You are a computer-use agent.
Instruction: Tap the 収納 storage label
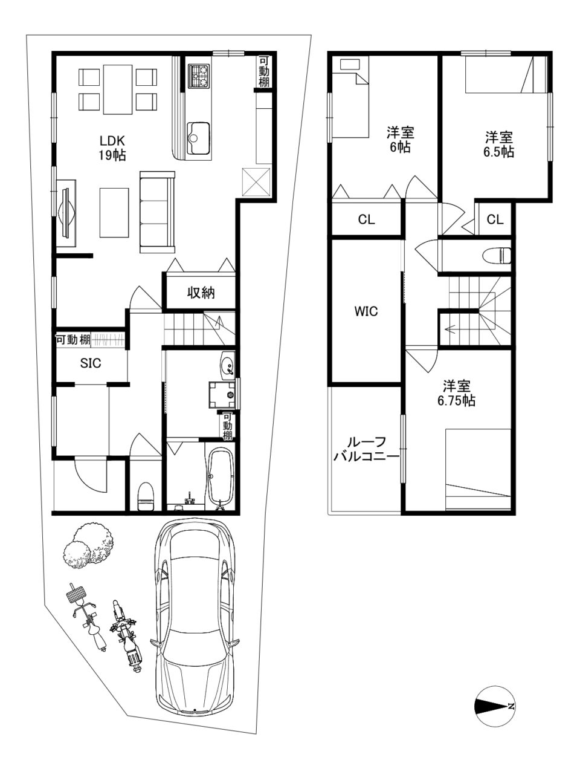[x=201, y=292]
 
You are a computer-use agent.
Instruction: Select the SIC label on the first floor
[x=91, y=363]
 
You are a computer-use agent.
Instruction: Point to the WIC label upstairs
[x=366, y=311]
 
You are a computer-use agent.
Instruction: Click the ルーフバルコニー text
[x=366, y=449]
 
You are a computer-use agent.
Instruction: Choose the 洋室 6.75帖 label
[x=456, y=393]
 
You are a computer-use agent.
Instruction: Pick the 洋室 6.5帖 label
[x=498, y=144]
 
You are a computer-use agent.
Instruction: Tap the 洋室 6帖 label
[x=400, y=140]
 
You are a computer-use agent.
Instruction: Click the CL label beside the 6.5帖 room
[x=495, y=219]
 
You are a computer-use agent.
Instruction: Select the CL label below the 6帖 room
[x=366, y=219]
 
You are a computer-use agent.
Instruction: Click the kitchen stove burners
[x=199, y=76]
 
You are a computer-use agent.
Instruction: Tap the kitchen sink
[x=198, y=138]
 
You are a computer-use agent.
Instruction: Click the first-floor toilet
[x=146, y=496]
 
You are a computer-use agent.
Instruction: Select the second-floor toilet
[x=497, y=255]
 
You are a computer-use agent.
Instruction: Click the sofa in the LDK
[x=157, y=212]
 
